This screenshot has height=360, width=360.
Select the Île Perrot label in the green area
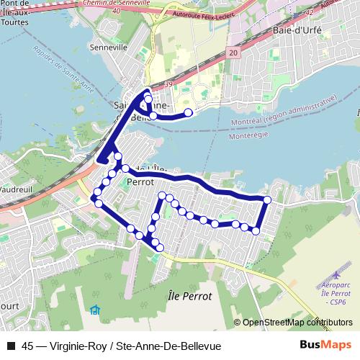click(x=189, y=296)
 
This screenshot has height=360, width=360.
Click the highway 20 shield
click(x=234, y=53)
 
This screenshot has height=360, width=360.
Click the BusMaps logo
click(x=323, y=346)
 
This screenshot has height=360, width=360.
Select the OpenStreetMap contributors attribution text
click(x=297, y=323)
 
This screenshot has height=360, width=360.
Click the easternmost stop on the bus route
click(x=267, y=199)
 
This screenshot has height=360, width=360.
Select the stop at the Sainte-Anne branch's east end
click(x=189, y=112)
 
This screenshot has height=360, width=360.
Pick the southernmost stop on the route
click(x=160, y=248)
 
